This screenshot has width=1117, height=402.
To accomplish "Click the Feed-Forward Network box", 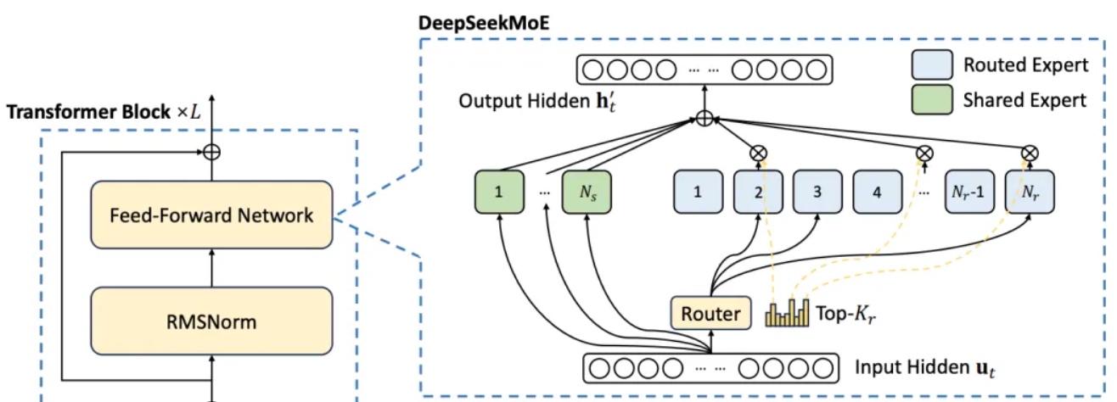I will coord(210,215).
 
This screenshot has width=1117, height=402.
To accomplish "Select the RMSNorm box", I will coord(210,322).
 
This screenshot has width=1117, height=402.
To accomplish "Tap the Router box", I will coord(711,315).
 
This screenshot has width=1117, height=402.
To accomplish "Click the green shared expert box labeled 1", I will coord(498,192).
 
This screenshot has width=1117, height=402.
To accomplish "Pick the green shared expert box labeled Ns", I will coord(587,192).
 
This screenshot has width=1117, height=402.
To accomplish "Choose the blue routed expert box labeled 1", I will coord(698,192).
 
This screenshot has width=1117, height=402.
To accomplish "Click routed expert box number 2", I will coord(758,192).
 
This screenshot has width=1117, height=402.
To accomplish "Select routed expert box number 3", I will coord(818,192).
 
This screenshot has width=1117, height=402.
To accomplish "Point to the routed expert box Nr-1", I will coord(968,192).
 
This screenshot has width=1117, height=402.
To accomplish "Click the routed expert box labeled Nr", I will coord(1028,192).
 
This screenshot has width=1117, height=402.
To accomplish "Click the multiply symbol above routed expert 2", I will coord(758,154).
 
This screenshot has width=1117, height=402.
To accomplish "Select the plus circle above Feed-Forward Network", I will coord(210,154).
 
